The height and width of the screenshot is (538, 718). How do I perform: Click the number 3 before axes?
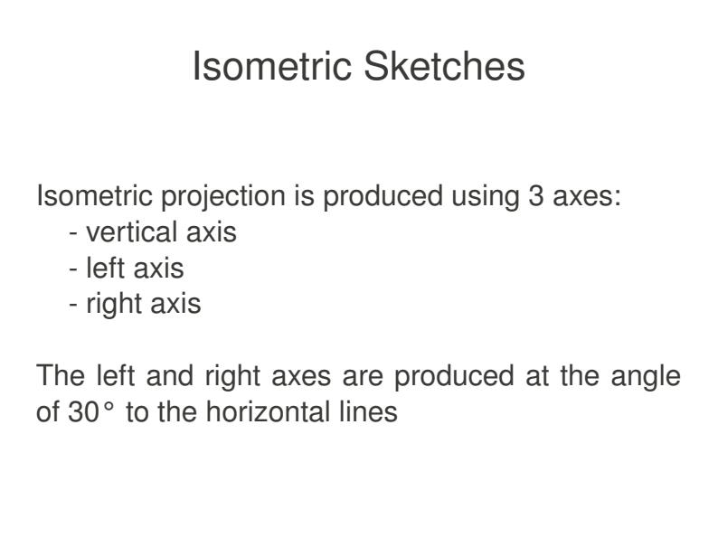click(536, 196)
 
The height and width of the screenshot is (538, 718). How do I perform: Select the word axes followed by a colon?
click(587, 196)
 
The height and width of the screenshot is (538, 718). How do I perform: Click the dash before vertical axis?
click(73, 233)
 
